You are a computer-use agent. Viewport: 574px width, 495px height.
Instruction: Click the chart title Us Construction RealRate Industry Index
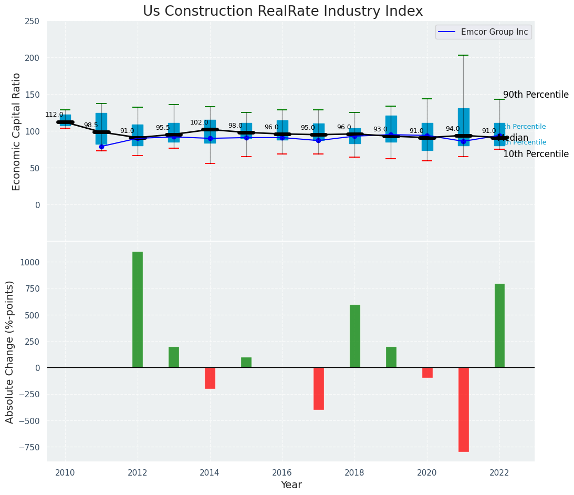[283, 12]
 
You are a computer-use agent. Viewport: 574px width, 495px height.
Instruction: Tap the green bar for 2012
[138, 310]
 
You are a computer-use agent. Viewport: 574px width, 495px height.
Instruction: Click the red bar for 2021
[463, 409]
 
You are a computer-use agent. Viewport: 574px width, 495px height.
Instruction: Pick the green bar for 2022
[499, 326]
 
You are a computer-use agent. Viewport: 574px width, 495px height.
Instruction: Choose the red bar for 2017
[319, 388]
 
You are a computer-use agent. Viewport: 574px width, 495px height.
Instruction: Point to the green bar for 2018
[355, 336]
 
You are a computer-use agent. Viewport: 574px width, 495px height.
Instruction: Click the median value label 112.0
[54, 115]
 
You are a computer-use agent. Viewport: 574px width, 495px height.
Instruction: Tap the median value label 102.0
[199, 122]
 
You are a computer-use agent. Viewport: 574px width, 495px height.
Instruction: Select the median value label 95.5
[163, 128]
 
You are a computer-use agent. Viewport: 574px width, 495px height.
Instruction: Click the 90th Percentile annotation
[536, 95]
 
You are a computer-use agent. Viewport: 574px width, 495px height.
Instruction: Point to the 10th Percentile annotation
[536, 154]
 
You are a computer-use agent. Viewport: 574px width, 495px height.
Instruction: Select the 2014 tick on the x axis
[210, 472]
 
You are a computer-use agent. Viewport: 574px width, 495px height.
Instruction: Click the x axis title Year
[291, 485]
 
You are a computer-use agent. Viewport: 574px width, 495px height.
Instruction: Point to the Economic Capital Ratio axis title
[16, 131]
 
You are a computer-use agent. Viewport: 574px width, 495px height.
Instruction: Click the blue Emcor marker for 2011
[101, 147]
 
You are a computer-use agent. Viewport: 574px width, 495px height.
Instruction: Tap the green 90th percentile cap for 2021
[463, 55]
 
